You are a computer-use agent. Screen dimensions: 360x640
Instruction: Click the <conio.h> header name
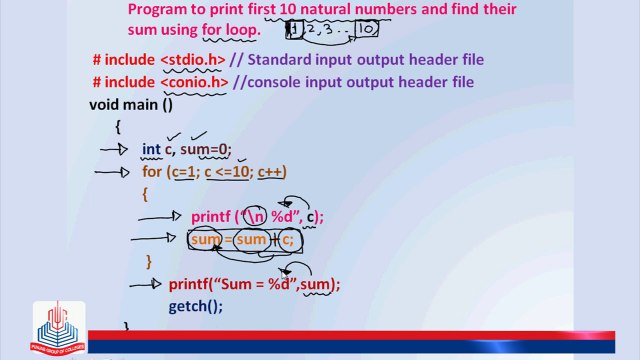(x=195, y=82)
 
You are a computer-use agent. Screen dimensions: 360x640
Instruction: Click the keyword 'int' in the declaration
(x=151, y=149)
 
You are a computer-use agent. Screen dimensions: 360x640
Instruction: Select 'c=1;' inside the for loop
(x=185, y=171)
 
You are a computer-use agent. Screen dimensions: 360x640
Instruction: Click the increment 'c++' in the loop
(x=271, y=171)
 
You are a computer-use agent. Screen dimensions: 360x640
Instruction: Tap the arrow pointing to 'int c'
(x=115, y=149)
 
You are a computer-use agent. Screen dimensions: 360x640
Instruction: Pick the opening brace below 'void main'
(x=118, y=126)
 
